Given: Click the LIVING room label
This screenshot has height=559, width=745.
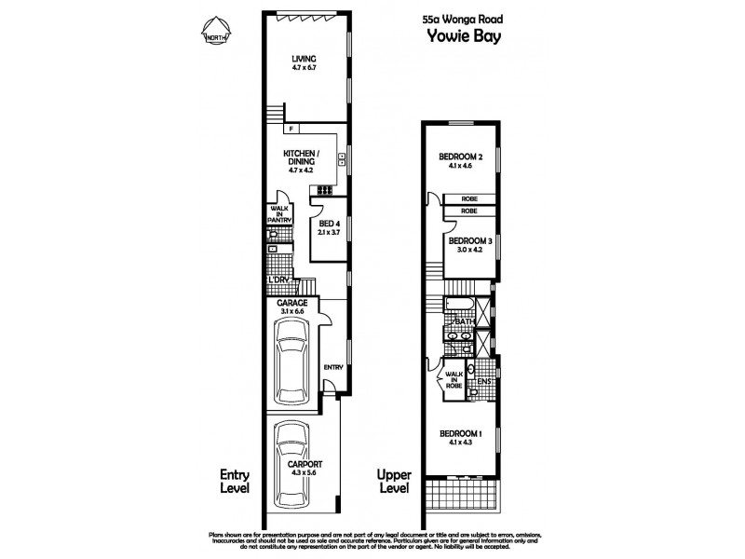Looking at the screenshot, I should click(x=304, y=58).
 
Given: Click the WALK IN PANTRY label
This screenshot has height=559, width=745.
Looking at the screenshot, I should click(x=280, y=214).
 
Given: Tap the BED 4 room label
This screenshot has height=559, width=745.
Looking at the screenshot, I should click(x=327, y=224).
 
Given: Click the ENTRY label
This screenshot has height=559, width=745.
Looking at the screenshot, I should click(x=332, y=367).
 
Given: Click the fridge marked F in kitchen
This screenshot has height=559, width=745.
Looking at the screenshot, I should click(x=291, y=129).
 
